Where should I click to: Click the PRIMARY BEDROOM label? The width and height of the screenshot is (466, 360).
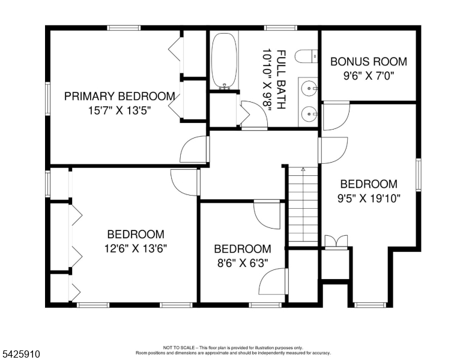(x=120, y=96)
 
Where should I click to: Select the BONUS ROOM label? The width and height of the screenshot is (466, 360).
(x=369, y=61)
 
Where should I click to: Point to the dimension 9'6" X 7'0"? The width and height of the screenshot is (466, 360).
(x=369, y=76)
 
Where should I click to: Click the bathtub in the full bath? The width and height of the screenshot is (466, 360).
(x=225, y=60)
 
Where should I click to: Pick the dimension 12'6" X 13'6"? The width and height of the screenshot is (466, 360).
(x=136, y=248)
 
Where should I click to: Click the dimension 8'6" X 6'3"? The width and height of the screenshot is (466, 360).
(x=242, y=263)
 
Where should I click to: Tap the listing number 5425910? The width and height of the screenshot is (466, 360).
(x=20, y=355)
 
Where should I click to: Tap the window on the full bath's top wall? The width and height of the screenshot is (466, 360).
(x=280, y=28)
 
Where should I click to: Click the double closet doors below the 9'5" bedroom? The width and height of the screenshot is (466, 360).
(x=335, y=241)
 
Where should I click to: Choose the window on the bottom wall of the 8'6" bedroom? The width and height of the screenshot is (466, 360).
(x=265, y=305)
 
